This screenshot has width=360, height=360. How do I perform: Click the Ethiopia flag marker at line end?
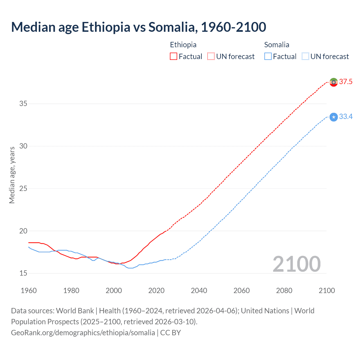point(334,82)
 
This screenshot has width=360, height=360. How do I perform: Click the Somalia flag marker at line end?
point(334,117)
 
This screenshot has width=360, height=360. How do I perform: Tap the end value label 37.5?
point(346,82)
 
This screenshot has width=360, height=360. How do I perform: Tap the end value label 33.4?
point(346,117)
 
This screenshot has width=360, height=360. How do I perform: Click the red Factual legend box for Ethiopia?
point(174,57)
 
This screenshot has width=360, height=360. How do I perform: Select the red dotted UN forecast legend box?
point(211,57)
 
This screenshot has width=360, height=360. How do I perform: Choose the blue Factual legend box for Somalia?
point(268,57)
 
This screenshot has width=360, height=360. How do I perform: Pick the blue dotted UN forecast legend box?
point(305,57)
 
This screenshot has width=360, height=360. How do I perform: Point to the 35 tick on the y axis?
point(23,103)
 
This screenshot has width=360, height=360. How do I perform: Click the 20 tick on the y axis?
point(23,231)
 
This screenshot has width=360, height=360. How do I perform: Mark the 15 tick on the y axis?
point(23,273)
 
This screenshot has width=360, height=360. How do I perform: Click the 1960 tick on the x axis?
point(29,291)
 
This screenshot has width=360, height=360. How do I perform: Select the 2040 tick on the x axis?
point(199,291)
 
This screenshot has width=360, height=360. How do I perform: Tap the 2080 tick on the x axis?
point(284,291)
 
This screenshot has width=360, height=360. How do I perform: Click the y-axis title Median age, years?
point(12,175)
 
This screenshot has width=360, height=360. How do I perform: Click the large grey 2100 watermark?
point(296,264)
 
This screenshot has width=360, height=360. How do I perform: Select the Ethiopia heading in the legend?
point(183,45)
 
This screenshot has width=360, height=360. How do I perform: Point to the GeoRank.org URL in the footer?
point(83,333)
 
